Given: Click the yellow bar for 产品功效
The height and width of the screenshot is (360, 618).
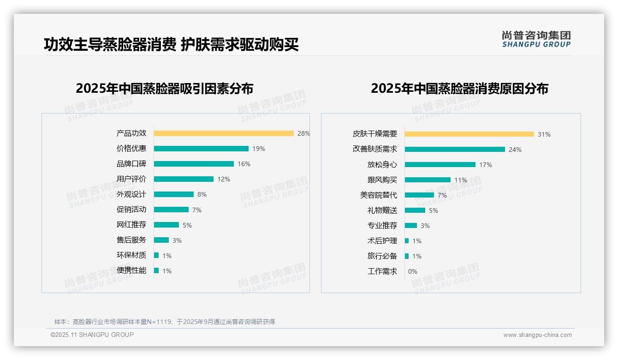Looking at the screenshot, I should click(224, 133).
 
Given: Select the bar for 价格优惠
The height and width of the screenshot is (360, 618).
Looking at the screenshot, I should click(201, 149).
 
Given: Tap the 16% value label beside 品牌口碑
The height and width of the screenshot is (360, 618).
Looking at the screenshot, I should click(244, 164).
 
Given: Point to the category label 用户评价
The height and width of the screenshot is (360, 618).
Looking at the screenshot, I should click(131, 179).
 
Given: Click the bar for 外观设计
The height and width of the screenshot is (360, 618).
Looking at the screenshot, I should click(174, 194).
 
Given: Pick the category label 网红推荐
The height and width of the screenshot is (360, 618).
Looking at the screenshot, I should click(131, 225).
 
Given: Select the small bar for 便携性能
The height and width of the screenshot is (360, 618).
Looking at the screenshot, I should click(156, 270).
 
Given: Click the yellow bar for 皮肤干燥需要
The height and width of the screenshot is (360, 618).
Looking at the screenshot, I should click(469, 134).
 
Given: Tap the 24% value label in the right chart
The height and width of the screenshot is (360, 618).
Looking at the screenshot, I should click(515, 150).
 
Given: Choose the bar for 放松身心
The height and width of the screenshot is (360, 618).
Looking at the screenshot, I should click(440, 165).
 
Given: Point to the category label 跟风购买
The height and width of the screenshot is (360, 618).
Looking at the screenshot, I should click(382, 180).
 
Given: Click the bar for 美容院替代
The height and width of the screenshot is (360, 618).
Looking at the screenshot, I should click(419, 195).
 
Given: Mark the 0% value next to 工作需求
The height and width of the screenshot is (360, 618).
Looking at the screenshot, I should click(413, 271).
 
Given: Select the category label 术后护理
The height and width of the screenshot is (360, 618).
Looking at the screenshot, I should click(382, 241).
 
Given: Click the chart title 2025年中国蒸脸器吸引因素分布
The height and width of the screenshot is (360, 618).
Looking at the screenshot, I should click(165, 89).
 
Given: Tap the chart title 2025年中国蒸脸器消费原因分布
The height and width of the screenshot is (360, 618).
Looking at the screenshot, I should click(459, 89).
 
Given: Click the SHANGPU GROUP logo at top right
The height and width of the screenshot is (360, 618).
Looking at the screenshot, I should click(536, 39).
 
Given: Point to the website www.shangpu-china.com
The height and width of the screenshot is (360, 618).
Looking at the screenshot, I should click(537, 335).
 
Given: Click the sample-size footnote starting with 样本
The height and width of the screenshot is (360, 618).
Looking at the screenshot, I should click(165, 322).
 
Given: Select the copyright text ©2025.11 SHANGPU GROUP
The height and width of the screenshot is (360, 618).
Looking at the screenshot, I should click(92, 335).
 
